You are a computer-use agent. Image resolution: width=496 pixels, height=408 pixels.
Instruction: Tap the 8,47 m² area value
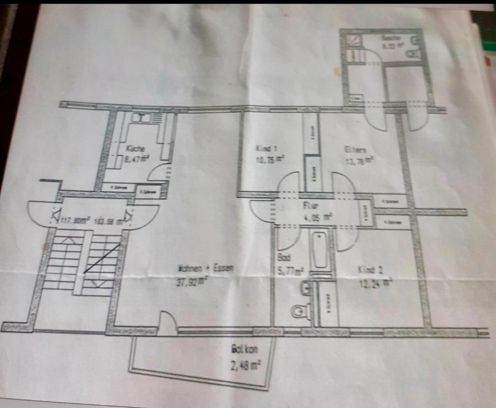[x=137, y=159]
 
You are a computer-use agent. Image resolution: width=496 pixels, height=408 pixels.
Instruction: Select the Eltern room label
[x=356, y=150]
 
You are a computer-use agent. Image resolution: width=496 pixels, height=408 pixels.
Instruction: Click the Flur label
[x=310, y=205]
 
